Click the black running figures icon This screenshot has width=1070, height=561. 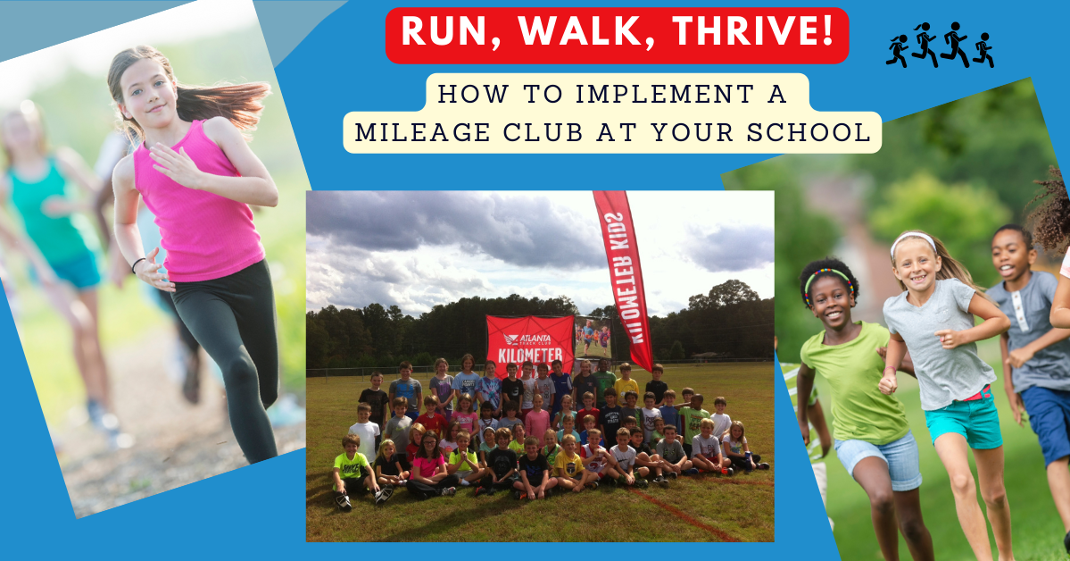pos(940,45)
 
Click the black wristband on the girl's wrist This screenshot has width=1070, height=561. pos(137,265)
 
